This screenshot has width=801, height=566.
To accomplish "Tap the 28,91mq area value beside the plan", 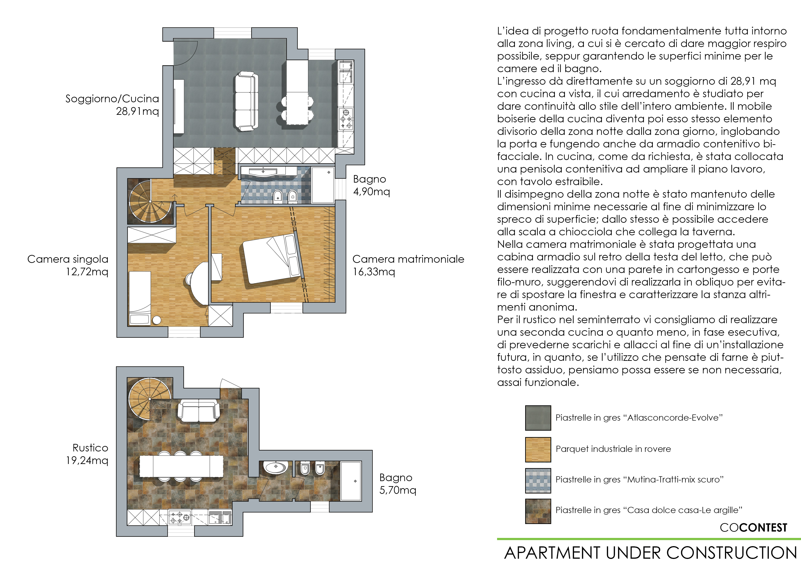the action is pyautogui.click(x=137, y=112).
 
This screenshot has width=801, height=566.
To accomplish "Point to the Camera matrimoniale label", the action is pyautogui.click(x=408, y=259).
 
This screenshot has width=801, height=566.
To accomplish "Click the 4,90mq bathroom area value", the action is pyautogui.click(x=372, y=192).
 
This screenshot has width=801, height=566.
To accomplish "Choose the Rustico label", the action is pyautogui.click(x=90, y=448).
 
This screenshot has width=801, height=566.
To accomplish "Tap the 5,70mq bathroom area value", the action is pyautogui.click(x=398, y=490).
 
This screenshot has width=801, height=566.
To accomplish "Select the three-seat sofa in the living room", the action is pyautogui.click(x=246, y=102).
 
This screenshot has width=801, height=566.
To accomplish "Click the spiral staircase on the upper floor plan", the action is pyautogui.click(x=150, y=201).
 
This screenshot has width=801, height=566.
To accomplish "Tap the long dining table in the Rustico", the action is pyautogui.click(x=181, y=467).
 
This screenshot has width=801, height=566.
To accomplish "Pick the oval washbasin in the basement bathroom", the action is pyautogui.click(x=276, y=467).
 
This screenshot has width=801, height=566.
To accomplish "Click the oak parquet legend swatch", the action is pyautogui.click(x=538, y=450).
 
